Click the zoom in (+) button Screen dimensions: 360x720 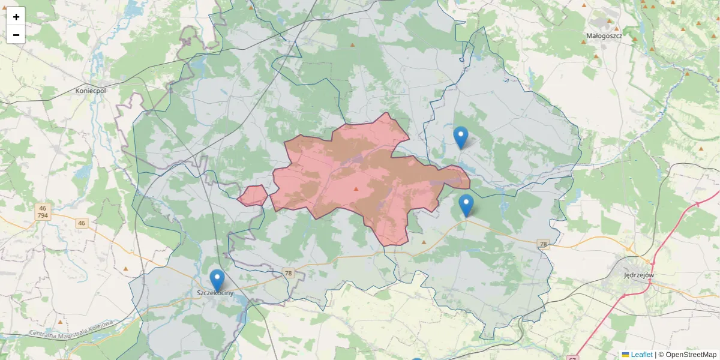click(16, 17)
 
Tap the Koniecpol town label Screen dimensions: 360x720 click(91, 91)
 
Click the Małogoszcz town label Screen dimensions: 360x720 click(604, 36)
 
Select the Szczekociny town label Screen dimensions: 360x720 click(215, 293)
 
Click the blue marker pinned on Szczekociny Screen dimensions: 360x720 click(217, 280)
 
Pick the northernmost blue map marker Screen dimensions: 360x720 click(460, 137)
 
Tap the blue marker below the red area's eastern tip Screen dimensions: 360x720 click(466, 205)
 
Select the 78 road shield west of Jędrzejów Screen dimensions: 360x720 click(544, 244)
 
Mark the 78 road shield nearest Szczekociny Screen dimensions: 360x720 click(289, 273)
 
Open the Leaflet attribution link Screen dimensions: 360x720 click(641, 355)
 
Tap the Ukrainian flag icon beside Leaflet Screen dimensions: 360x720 click(625, 355)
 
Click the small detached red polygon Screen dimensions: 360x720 click(253, 195)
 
